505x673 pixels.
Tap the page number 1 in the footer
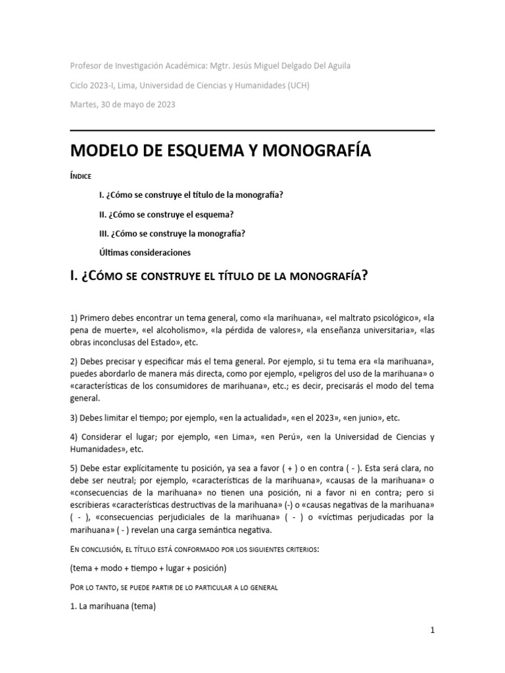coord(432,630)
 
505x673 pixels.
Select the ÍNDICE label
coord(82,177)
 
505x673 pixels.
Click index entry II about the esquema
coord(166,214)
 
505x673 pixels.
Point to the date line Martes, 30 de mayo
coord(123,104)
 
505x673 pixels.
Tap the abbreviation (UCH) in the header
coord(298,85)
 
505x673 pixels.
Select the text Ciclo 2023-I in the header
coord(93,85)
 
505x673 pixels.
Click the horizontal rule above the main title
coord(252,130)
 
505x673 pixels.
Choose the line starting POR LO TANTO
coord(174,587)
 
